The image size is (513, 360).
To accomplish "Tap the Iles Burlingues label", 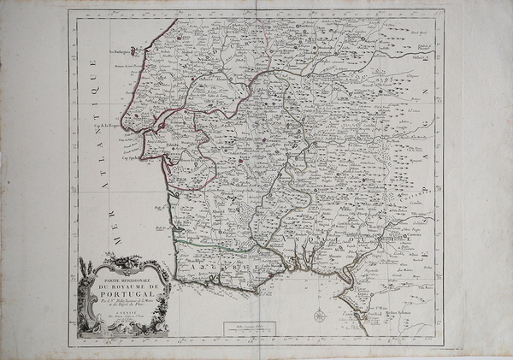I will point(123,61).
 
